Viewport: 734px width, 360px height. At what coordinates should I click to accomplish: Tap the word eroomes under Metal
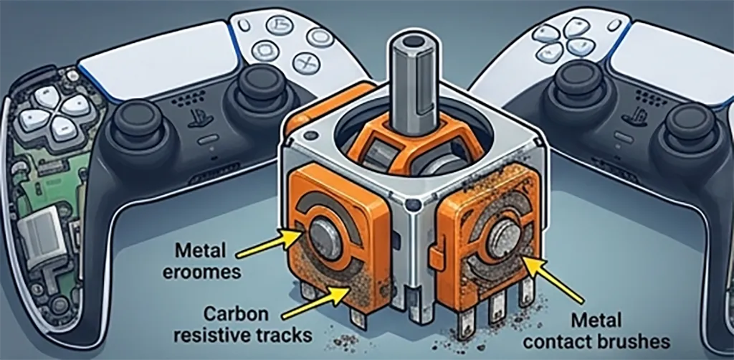(201, 272)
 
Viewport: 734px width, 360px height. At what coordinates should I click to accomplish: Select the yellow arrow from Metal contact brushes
(554, 280)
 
